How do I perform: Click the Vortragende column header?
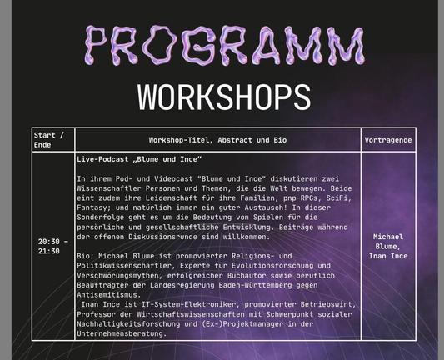point(387,140)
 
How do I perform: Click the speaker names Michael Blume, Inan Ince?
point(387,246)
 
